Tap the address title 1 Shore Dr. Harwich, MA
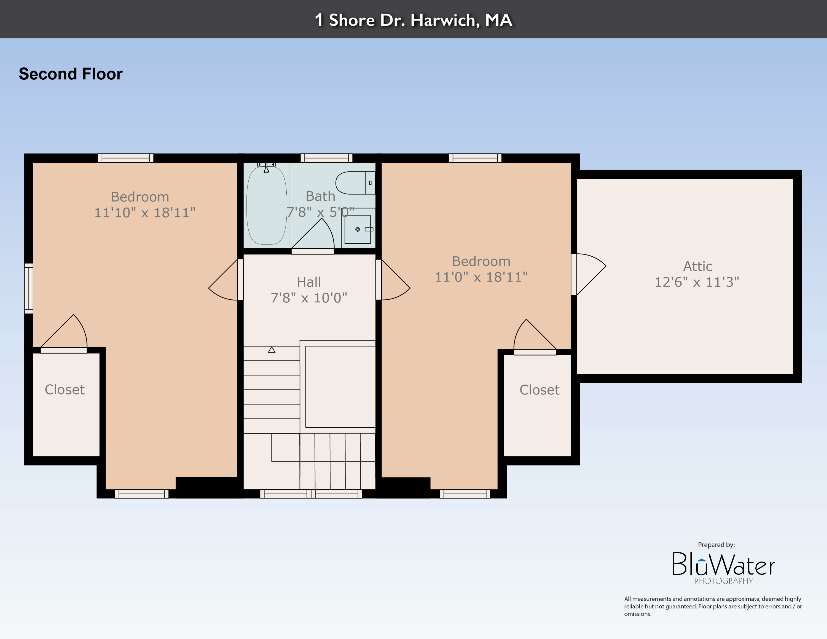[x=413, y=20]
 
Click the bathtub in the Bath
[x=266, y=206]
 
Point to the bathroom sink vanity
[x=358, y=229]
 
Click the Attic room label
[x=697, y=266]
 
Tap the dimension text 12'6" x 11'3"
[x=697, y=282]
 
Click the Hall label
[x=309, y=282]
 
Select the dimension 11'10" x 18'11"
[x=145, y=213]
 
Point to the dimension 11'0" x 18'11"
[x=481, y=277]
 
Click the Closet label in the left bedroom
[x=65, y=390]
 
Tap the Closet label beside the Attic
[x=539, y=390]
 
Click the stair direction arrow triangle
[x=272, y=350]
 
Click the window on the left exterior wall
[x=29, y=288]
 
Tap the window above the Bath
[x=326, y=158]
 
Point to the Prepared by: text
[x=716, y=545]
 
